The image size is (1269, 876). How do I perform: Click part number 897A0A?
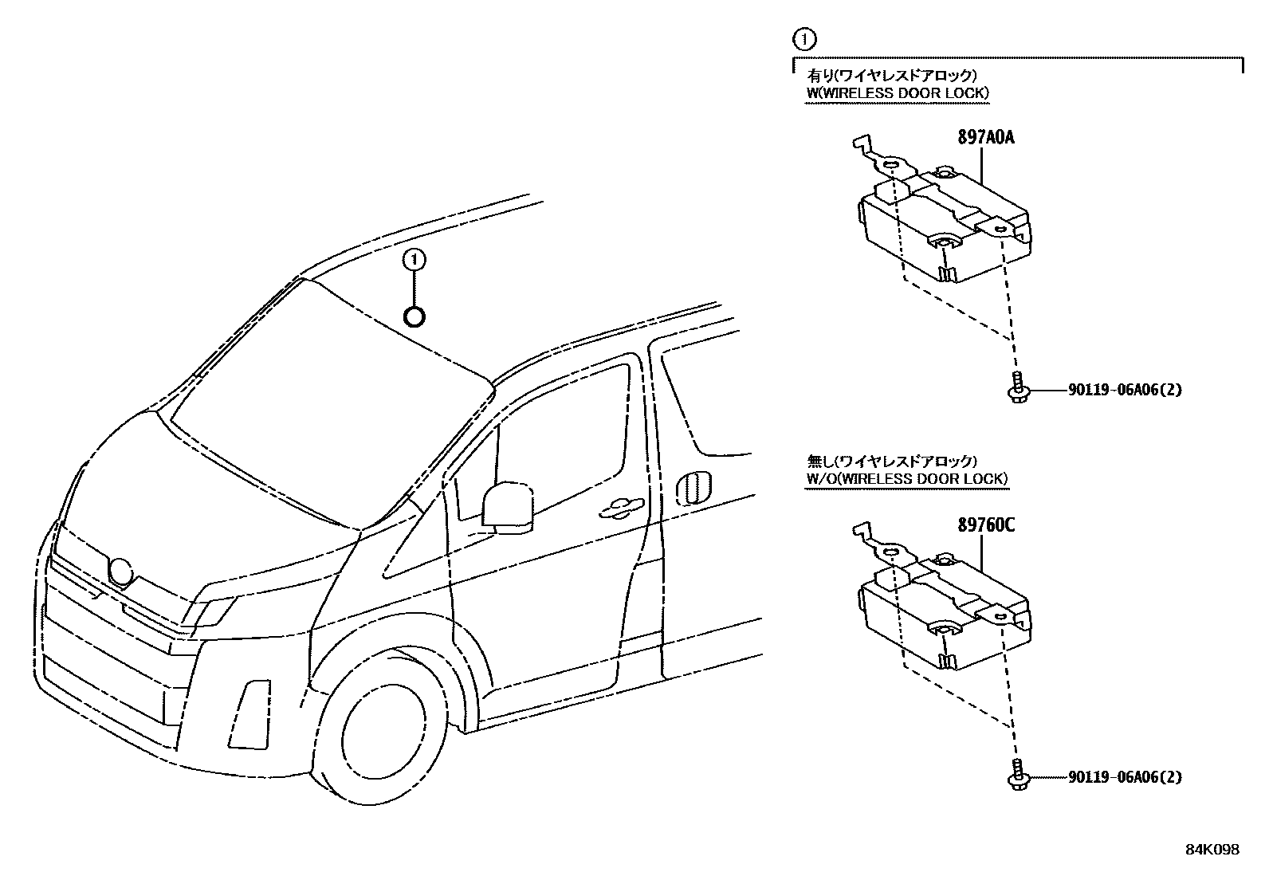pyautogui.click(x=985, y=137)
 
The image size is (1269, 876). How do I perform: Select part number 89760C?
pyautogui.click(x=985, y=525)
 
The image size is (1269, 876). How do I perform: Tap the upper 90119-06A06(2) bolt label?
pyautogui.click(x=1125, y=390)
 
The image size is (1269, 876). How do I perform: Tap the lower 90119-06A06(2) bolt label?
pyautogui.click(x=1125, y=776)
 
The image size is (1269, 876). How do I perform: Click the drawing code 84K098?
pyautogui.click(x=1212, y=850)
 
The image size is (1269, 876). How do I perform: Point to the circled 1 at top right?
pyautogui.click(x=804, y=37)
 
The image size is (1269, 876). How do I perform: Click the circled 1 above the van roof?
pyautogui.click(x=414, y=259)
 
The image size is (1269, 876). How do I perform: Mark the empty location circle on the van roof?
pyautogui.click(x=414, y=316)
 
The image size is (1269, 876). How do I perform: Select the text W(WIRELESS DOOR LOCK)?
pyautogui.click(x=898, y=93)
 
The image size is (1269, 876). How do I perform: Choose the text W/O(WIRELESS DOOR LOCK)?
pyautogui.click(x=907, y=479)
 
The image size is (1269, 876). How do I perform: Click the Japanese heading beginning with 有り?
pyautogui.click(x=891, y=75)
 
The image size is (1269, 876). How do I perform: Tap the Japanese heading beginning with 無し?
pyautogui.click(x=891, y=461)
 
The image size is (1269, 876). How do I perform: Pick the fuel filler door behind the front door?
pyautogui.click(x=692, y=489)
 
